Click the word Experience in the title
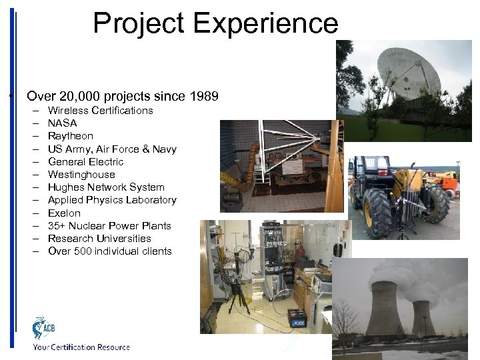[x=265, y=23]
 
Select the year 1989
[x=204, y=96]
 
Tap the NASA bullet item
[x=62, y=123]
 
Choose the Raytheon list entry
[x=71, y=136]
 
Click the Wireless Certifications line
[x=100, y=111]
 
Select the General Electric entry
[x=85, y=161]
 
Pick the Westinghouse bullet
[x=81, y=175]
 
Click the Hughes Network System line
[x=106, y=187]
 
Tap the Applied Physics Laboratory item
[x=112, y=200]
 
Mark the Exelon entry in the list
[x=64, y=213]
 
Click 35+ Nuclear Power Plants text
[x=109, y=226]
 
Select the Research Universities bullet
[x=99, y=239]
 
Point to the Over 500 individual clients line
[x=110, y=251]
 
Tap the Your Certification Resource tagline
[x=81, y=347]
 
